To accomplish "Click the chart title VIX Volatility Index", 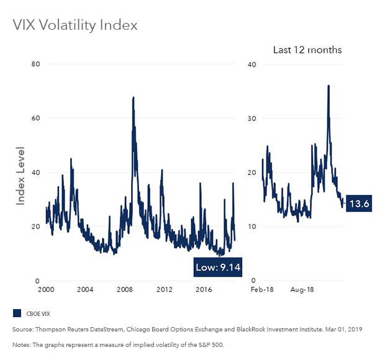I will point(75,25).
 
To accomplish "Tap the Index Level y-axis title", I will point(20,173).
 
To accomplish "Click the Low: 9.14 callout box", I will point(219,267).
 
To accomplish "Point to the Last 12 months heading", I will point(307,50).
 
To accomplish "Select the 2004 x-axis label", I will point(85,290).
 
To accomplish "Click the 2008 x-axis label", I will point(125,290).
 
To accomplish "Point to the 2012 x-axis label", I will point(165,290).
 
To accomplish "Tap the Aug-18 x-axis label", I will point(301,290).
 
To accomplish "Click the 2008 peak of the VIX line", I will point(133,97).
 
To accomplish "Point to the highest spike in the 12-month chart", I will point(328,86).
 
